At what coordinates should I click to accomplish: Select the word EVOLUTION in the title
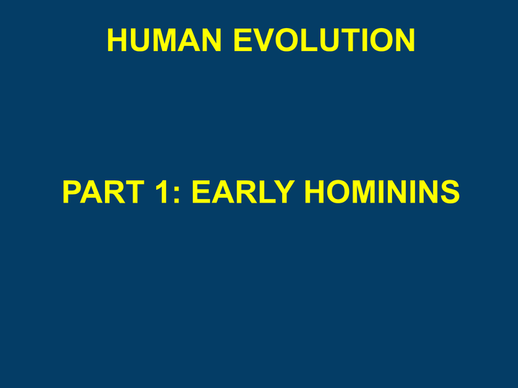click(x=324, y=40)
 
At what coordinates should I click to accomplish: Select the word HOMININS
click(x=382, y=192)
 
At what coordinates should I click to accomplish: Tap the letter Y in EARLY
click(x=284, y=192)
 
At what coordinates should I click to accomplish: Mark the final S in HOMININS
click(x=449, y=192)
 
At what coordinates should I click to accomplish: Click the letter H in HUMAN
click(x=118, y=40)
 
